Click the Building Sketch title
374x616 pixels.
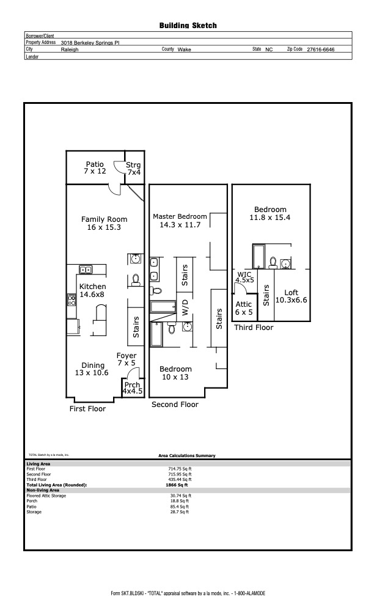188,26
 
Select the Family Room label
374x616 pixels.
105,223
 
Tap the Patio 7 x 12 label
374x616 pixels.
95,168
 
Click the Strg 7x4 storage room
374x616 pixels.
134,169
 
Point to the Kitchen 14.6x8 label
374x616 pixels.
92,290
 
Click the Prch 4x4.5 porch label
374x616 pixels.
133,388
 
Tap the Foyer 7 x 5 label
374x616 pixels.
127,359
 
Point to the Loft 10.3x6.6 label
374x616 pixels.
291,296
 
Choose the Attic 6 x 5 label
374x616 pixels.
244,308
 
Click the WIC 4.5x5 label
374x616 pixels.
244,278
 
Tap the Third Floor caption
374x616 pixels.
254,328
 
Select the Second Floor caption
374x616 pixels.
174,404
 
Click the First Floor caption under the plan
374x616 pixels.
87,409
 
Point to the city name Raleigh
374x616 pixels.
70,50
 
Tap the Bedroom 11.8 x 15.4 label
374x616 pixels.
270,213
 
